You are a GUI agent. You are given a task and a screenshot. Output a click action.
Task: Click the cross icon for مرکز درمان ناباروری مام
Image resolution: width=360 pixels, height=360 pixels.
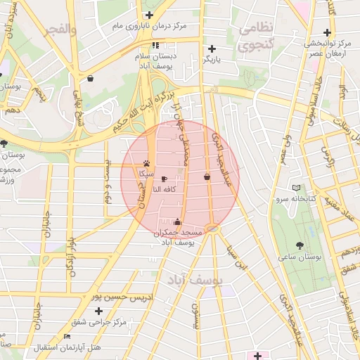pyautogui.click(x=148, y=15)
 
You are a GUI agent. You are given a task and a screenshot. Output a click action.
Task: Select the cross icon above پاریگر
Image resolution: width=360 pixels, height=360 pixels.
pyautogui.click(x=212, y=49)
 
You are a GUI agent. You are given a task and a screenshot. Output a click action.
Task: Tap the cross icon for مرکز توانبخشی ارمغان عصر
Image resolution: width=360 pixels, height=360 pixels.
pyautogui.click(x=326, y=32)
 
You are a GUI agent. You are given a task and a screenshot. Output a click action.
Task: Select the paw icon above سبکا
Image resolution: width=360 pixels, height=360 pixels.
pyautogui.click(x=146, y=162)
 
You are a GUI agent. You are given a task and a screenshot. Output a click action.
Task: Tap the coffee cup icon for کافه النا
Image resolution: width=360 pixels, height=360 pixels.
pyautogui.click(x=164, y=179)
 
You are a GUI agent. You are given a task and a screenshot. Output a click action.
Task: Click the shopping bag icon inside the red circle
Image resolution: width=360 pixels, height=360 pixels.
pyautogui.click(x=207, y=177)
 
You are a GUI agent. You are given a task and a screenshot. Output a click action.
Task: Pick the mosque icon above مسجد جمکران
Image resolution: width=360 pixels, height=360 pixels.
pyautogui.click(x=176, y=222)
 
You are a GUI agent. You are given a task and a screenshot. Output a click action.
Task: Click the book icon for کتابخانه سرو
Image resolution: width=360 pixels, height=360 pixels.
pyautogui.click(x=296, y=188)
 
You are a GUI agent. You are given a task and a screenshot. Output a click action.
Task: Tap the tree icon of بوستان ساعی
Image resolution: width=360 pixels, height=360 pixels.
pyautogui.click(x=300, y=246)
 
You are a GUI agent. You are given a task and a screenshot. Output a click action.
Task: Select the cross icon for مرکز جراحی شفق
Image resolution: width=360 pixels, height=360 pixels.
pyautogui.click(x=98, y=311)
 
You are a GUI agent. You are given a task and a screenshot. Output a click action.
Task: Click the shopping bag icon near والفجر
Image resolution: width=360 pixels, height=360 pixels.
pyautogui.click(x=91, y=79)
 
